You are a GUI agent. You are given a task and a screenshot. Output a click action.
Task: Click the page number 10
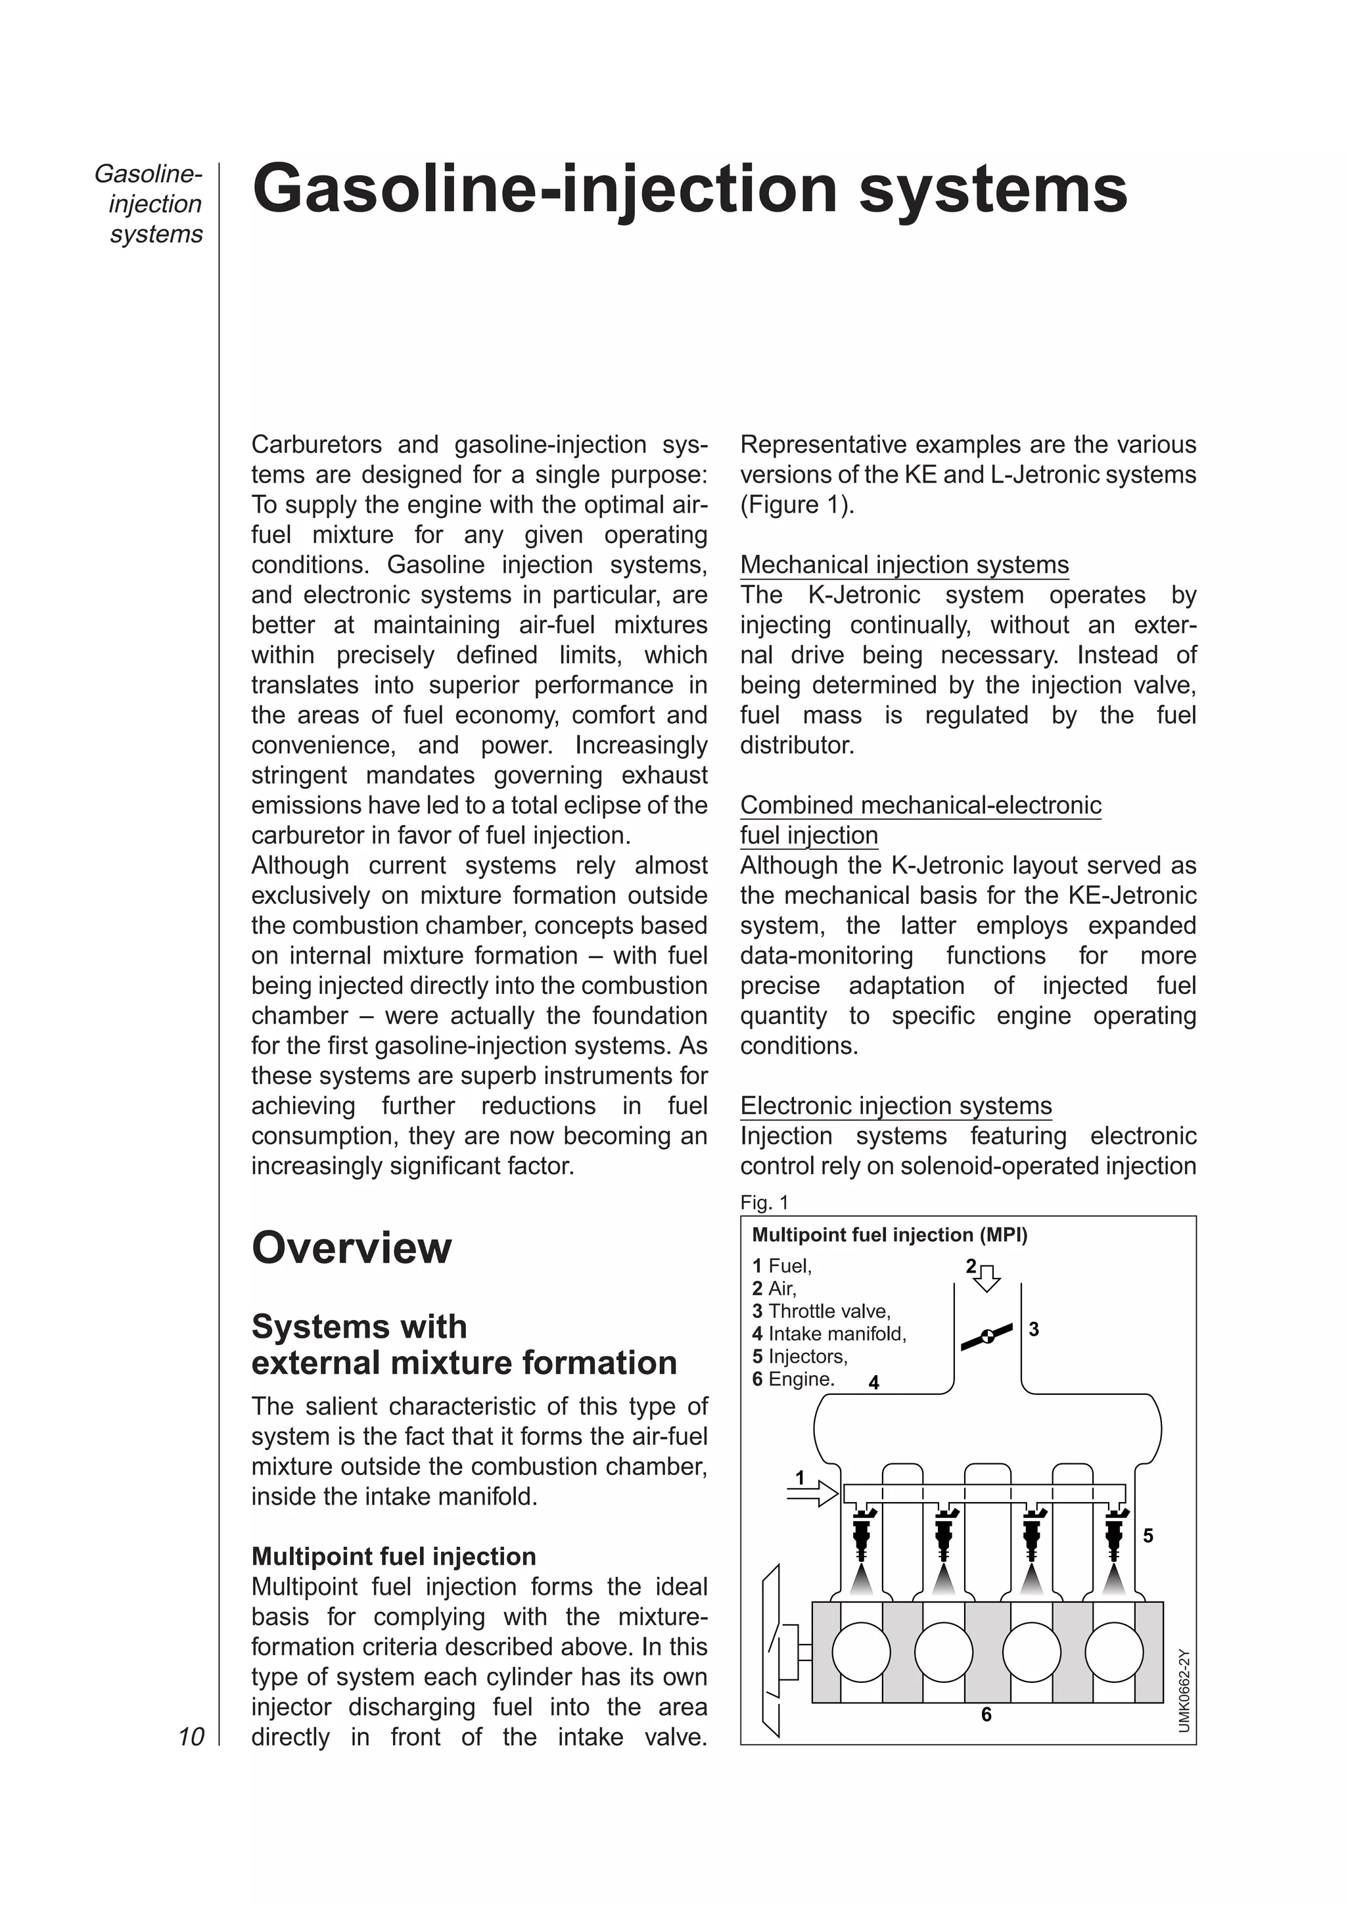coord(191,1737)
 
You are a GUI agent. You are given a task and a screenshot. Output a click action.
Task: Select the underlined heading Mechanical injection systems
coord(904,565)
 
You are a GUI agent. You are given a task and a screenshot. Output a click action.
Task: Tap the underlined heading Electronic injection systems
coord(896,1106)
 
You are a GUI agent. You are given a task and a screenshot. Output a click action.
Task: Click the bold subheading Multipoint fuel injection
coord(393,1557)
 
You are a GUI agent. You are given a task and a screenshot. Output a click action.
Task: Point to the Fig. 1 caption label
coord(764,1202)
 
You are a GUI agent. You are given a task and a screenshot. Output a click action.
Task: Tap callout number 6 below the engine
coord(986,1714)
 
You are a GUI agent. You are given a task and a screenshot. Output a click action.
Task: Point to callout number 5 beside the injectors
coord(1148,1536)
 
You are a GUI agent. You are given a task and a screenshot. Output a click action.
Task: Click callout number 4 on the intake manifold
coord(873,1382)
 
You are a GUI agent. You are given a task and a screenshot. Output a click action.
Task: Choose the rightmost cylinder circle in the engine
coord(1114,1652)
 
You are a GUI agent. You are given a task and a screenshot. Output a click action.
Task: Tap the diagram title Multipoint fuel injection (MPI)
coord(889,1235)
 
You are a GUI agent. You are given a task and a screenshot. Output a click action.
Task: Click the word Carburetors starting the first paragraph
coord(316,445)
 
